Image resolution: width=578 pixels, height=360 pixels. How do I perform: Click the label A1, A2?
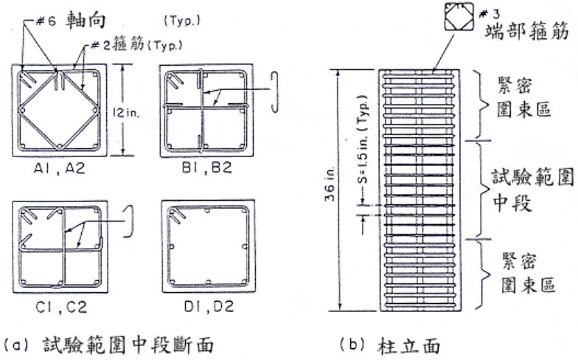(59, 168)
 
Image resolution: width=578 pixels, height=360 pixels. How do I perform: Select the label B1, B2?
(207, 168)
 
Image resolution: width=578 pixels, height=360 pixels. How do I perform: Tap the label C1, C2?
(61, 307)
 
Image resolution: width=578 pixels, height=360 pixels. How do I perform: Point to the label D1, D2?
(209, 307)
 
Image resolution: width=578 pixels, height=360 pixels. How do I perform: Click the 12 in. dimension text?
(126, 112)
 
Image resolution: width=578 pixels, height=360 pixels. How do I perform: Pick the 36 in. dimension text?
(330, 184)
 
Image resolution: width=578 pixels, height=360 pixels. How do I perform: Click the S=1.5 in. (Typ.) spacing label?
(363, 140)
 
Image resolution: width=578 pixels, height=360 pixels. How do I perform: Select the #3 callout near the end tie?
(490, 14)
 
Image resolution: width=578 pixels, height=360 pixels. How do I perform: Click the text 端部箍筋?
(526, 31)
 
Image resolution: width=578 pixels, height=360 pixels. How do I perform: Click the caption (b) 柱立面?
(389, 346)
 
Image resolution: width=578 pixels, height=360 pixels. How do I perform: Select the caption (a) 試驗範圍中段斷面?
(108, 345)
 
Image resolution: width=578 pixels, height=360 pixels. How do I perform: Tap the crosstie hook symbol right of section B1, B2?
(274, 91)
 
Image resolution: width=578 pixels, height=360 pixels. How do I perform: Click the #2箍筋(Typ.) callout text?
(136, 46)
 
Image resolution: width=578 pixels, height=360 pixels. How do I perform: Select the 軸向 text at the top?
(86, 21)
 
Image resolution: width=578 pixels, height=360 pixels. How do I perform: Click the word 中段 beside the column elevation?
(512, 203)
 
